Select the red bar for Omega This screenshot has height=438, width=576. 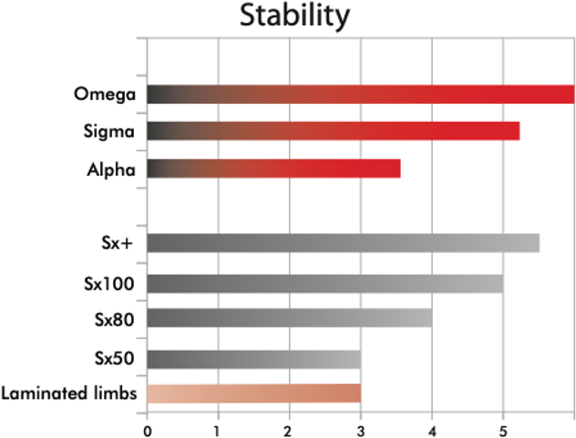pyautogui.click(x=360, y=94)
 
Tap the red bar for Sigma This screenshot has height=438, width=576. pyautogui.click(x=333, y=131)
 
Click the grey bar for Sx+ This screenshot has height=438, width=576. pyautogui.click(x=343, y=243)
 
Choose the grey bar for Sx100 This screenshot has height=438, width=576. pyautogui.click(x=324, y=283)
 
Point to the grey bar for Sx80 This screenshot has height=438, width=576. pyautogui.click(x=289, y=318)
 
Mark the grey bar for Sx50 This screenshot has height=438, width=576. pyautogui.click(x=253, y=358)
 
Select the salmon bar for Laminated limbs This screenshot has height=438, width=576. pyautogui.click(x=253, y=393)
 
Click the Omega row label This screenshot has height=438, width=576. pyautogui.click(x=106, y=94)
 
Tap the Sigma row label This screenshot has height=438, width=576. pyautogui.click(x=108, y=132)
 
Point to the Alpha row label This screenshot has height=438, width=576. pyautogui.click(x=111, y=169)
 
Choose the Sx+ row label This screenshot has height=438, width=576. pyautogui.click(x=118, y=244)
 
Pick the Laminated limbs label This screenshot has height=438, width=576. pyautogui.click(x=68, y=394)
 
